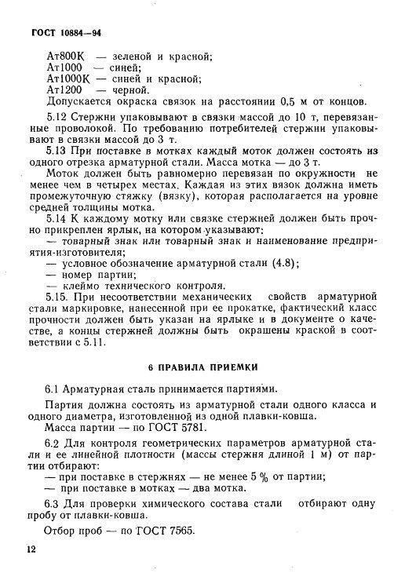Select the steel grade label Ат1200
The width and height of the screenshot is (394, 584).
[x=63, y=90]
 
